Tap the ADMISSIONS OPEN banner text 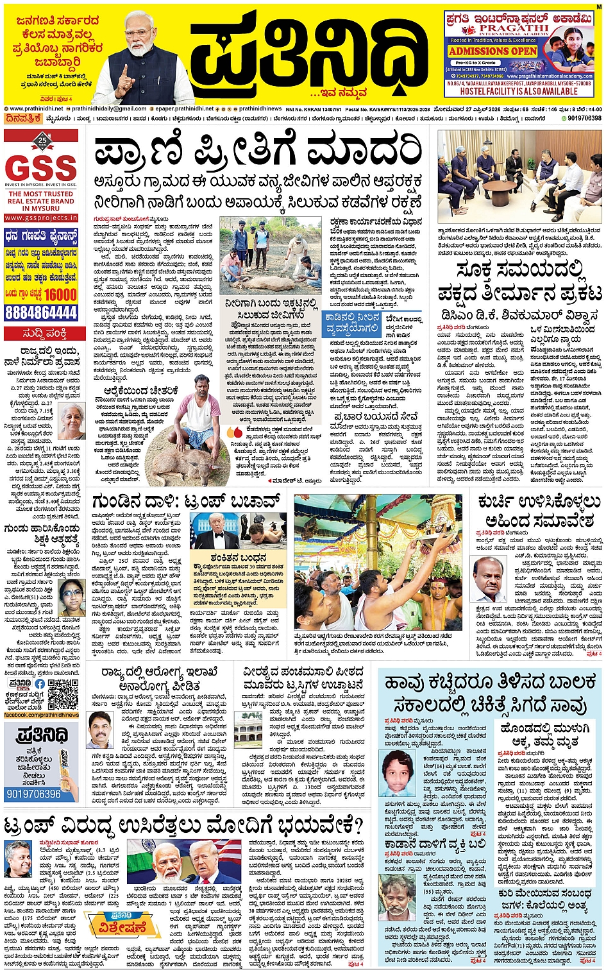pos(492,51)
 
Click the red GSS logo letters pos(41,169)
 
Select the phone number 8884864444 pos(41,312)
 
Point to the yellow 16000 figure pos(60,295)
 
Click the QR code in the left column pos(62,694)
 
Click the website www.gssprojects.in pos(41,218)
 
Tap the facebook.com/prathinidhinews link pos(41,715)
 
